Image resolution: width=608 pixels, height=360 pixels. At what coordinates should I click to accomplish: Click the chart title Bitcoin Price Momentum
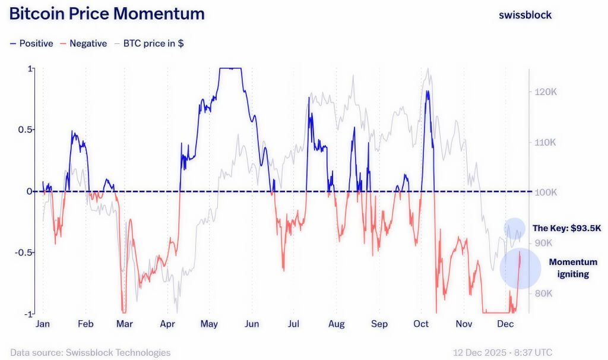click(107, 14)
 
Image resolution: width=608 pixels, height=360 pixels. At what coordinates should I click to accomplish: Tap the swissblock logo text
click(525, 15)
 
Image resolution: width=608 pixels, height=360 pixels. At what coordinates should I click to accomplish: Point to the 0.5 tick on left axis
click(24, 130)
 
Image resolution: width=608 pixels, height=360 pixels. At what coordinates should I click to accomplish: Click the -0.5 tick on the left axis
click(23, 252)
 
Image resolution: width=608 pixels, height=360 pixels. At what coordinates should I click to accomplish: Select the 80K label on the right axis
click(544, 293)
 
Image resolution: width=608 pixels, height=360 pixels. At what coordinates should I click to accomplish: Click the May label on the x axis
click(209, 324)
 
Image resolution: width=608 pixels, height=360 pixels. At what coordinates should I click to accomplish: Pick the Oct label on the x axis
click(421, 324)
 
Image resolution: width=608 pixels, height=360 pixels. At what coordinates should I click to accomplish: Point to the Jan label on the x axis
click(43, 324)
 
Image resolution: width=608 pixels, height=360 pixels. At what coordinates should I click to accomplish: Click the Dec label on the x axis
click(505, 324)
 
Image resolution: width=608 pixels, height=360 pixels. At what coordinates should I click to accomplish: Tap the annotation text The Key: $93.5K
click(566, 228)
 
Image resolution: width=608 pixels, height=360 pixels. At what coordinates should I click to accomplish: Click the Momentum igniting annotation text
click(573, 268)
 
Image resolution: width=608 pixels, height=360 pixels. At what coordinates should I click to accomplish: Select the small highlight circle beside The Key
click(515, 228)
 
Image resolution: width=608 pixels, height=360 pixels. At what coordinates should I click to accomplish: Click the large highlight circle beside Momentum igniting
click(520, 269)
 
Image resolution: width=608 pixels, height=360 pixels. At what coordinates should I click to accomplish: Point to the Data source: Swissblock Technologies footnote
click(90, 352)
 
